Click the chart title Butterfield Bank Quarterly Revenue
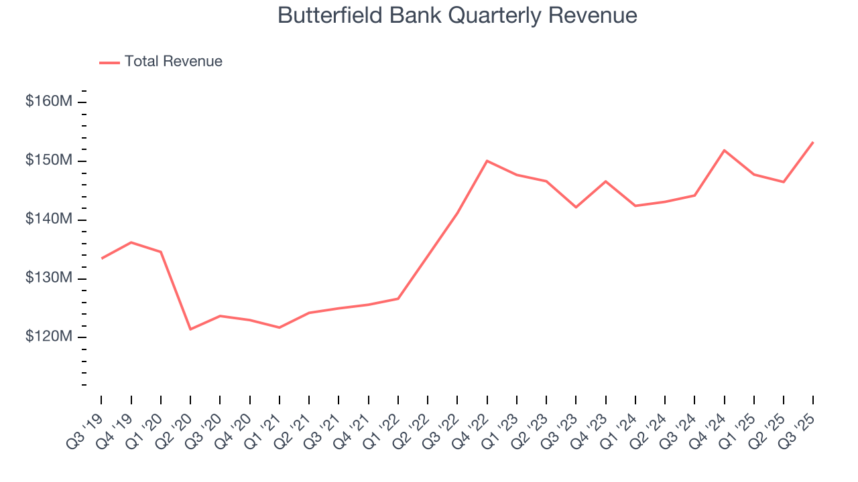(457, 15)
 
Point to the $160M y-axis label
(49, 102)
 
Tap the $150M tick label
(49, 161)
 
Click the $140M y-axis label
(49, 220)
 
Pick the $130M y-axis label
(49, 278)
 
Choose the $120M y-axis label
(49, 337)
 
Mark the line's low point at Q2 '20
(190, 329)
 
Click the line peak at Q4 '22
(487, 161)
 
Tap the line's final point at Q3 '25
(812, 142)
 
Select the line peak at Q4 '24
(724, 150)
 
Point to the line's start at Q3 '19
(102, 258)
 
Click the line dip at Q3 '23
(576, 207)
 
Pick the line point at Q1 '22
(398, 299)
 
